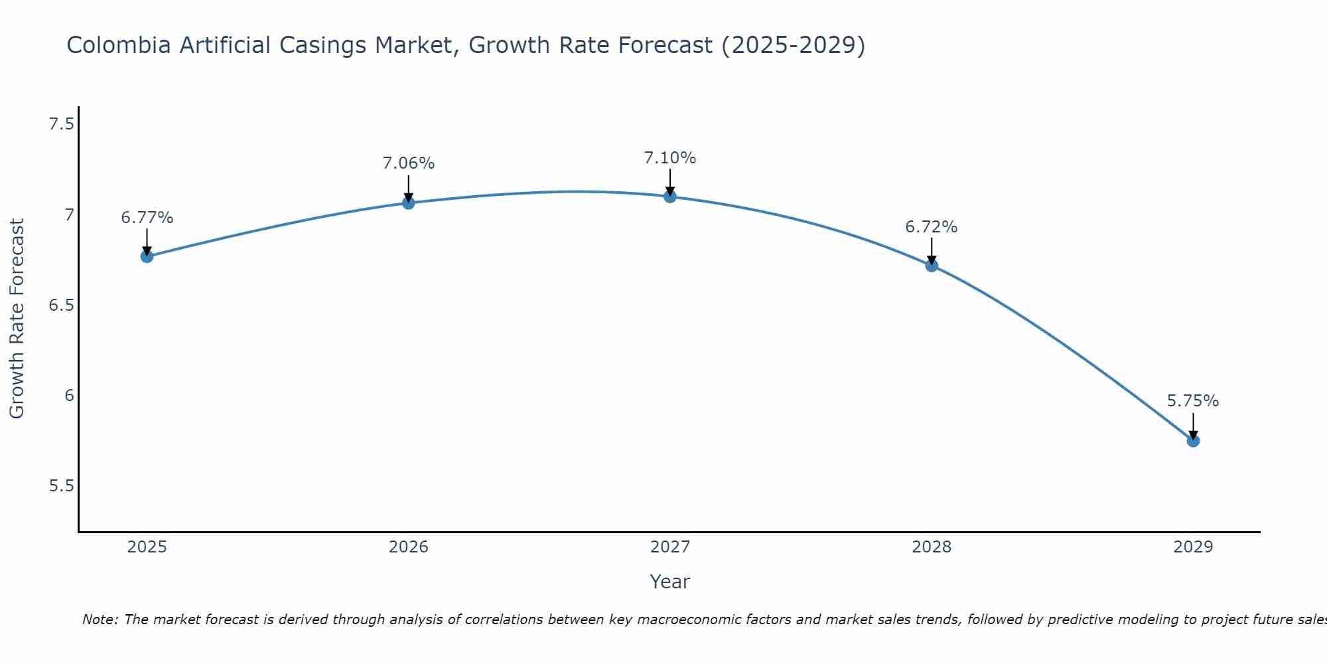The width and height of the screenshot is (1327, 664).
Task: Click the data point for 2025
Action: pyautogui.click(x=147, y=256)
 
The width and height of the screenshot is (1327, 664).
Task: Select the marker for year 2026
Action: pyautogui.click(x=409, y=203)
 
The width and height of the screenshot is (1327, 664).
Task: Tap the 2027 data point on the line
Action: pyautogui.click(x=670, y=197)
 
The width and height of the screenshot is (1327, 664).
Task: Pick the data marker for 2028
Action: pyautogui.click(x=932, y=266)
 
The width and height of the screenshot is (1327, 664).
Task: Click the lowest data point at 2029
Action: pyautogui.click(x=1193, y=440)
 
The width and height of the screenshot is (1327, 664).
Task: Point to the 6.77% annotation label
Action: pyautogui.click(x=147, y=218)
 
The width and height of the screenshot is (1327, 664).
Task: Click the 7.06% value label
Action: pyautogui.click(x=409, y=163)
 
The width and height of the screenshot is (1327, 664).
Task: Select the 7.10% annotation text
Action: pyautogui.click(x=670, y=158)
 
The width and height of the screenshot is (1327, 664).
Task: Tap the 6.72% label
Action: pyautogui.click(x=932, y=227)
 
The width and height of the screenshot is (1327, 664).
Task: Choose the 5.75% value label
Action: pyautogui.click(x=1193, y=401)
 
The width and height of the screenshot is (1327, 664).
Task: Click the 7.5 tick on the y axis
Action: pyautogui.click(x=61, y=124)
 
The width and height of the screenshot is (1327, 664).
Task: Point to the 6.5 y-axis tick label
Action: pyautogui.click(x=61, y=305)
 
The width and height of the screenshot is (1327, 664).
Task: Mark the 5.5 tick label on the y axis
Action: pyautogui.click(x=61, y=486)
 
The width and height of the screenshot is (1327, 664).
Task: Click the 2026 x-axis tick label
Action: pyautogui.click(x=409, y=547)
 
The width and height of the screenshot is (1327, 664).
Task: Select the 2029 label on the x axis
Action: pyautogui.click(x=1193, y=547)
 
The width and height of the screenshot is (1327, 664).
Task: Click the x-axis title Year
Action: pyautogui.click(x=670, y=582)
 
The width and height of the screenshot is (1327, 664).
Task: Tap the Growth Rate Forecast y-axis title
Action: pyautogui.click(x=17, y=319)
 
